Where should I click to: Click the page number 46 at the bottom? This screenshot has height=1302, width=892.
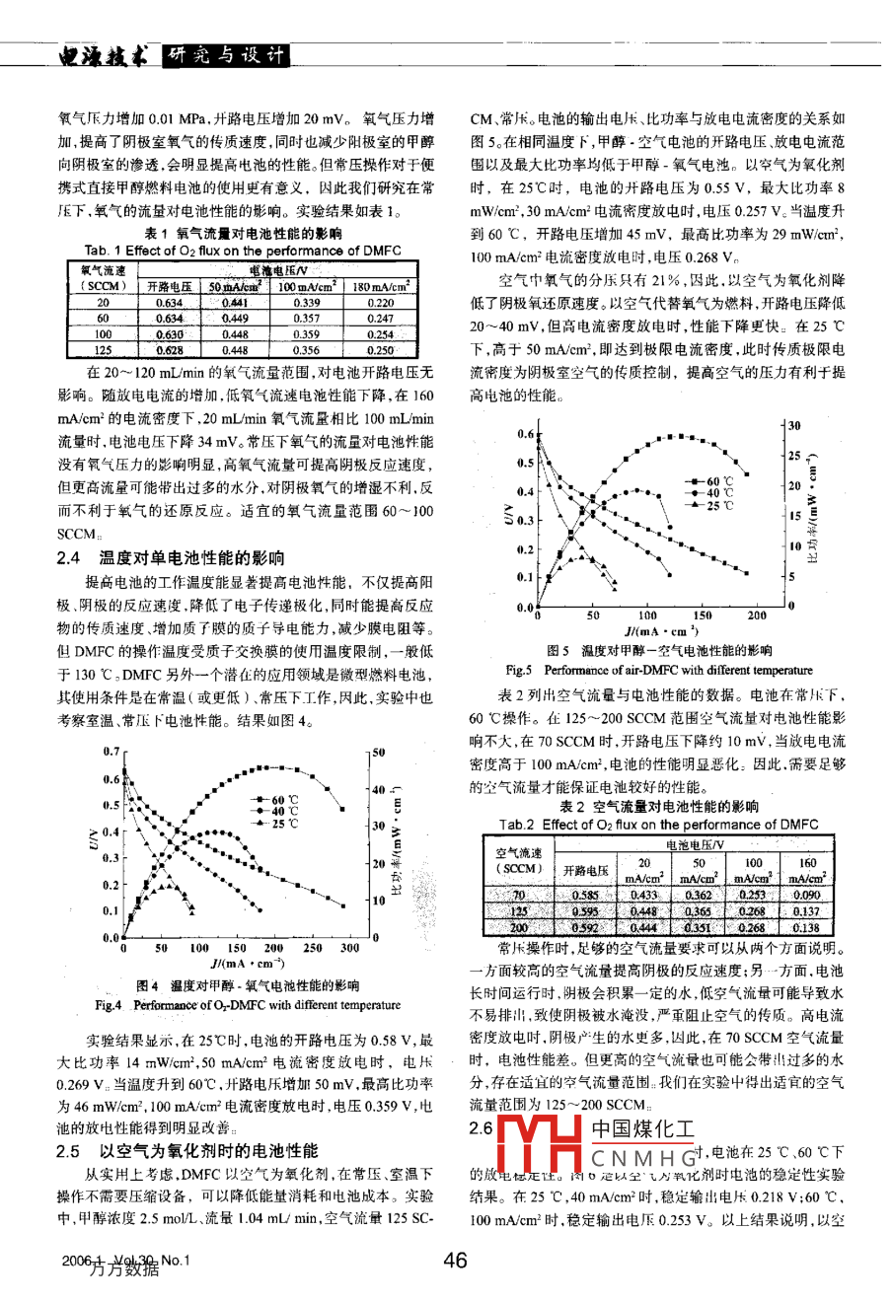[x=454, y=1260]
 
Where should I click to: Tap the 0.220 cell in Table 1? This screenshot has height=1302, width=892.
[x=380, y=304]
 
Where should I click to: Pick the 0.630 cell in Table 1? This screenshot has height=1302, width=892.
[x=170, y=334]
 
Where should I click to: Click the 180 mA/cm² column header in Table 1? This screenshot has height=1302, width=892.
[x=380, y=286]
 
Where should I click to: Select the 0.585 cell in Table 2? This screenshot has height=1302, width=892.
[x=585, y=895]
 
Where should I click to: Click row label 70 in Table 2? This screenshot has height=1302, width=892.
[x=519, y=895]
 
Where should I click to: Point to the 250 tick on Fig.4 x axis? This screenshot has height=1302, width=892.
[x=312, y=948]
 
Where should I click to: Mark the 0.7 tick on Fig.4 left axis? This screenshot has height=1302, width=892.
[x=111, y=752]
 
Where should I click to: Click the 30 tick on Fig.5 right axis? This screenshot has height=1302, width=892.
[x=794, y=425]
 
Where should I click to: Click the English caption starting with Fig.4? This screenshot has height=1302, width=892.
[x=248, y=1005]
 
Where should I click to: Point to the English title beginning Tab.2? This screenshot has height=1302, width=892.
[x=658, y=825]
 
